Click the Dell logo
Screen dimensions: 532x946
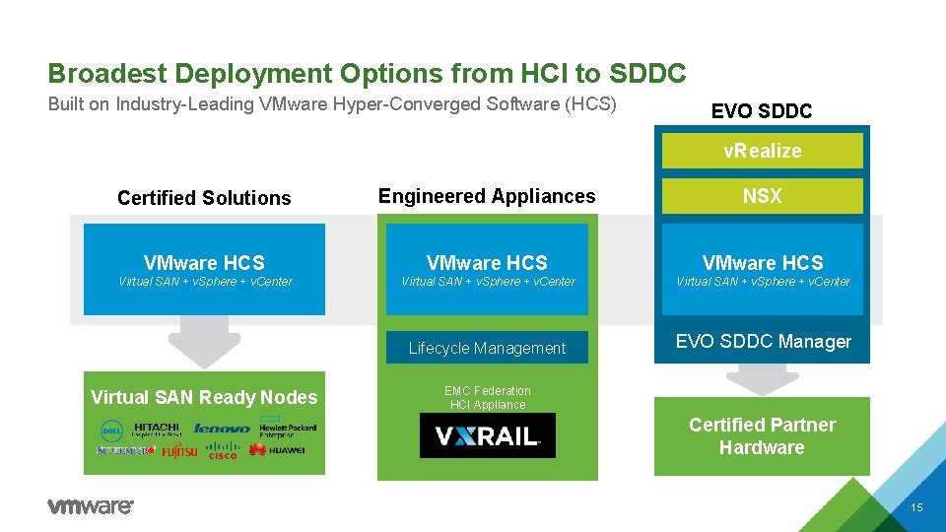(110, 430)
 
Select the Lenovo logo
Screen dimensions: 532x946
(222, 429)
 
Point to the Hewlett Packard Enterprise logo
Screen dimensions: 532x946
(288, 429)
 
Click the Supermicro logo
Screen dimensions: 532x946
(125, 450)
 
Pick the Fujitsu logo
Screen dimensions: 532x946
(179, 451)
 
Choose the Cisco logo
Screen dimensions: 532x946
(223, 452)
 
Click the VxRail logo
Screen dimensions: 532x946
(487, 435)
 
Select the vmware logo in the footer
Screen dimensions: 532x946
(90, 506)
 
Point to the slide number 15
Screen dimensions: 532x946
(916, 507)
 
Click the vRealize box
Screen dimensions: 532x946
(762, 151)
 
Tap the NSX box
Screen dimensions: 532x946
(762, 196)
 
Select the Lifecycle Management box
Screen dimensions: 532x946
(487, 348)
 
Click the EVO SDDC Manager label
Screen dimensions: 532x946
(763, 342)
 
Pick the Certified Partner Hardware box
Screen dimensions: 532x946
(762, 436)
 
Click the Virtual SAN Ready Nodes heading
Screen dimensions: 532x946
(204, 397)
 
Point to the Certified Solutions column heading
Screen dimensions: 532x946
(204, 198)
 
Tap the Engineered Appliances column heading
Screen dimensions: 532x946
(487, 196)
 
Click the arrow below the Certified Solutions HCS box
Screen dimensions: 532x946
(204, 341)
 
